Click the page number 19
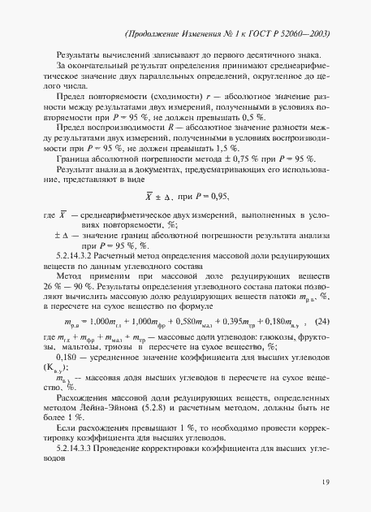point(324,484)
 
